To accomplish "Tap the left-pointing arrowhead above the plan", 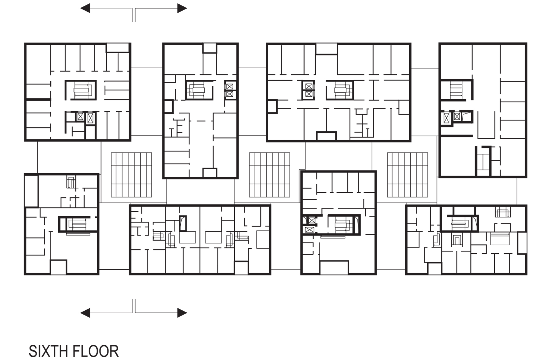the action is click(85, 8).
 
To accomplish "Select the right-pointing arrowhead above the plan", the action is click(182, 8).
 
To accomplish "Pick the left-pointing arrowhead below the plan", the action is click(85, 313).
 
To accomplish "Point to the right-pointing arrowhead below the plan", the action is click(182, 313).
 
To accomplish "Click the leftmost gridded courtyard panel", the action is click(131, 175).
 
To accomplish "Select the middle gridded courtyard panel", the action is click(269, 175).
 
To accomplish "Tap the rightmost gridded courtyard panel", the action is click(408, 175).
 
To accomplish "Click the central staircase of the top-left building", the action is click(81, 90).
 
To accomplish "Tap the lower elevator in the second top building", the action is click(229, 94).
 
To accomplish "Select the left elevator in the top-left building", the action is click(80, 117).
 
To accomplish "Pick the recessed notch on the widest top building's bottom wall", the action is click(326, 136).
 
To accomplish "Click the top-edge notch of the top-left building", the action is click(118, 48).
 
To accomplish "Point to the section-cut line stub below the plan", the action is click(134, 306).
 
